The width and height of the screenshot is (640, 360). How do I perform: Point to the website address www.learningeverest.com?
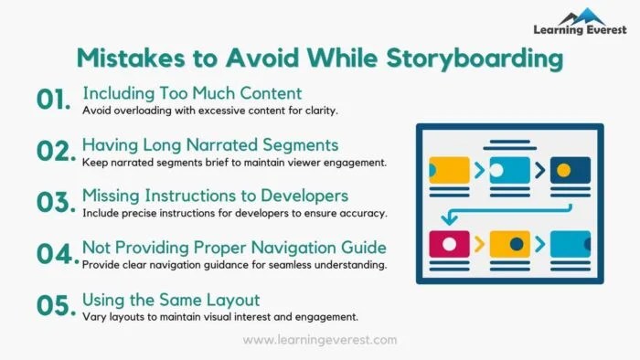(320, 340)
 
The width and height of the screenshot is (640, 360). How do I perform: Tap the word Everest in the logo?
(604, 30)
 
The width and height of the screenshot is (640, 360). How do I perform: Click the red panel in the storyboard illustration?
(450, 244)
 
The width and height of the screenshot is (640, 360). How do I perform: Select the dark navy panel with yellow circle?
(570, 170)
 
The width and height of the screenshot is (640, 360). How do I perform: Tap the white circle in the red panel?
(450, 244)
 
